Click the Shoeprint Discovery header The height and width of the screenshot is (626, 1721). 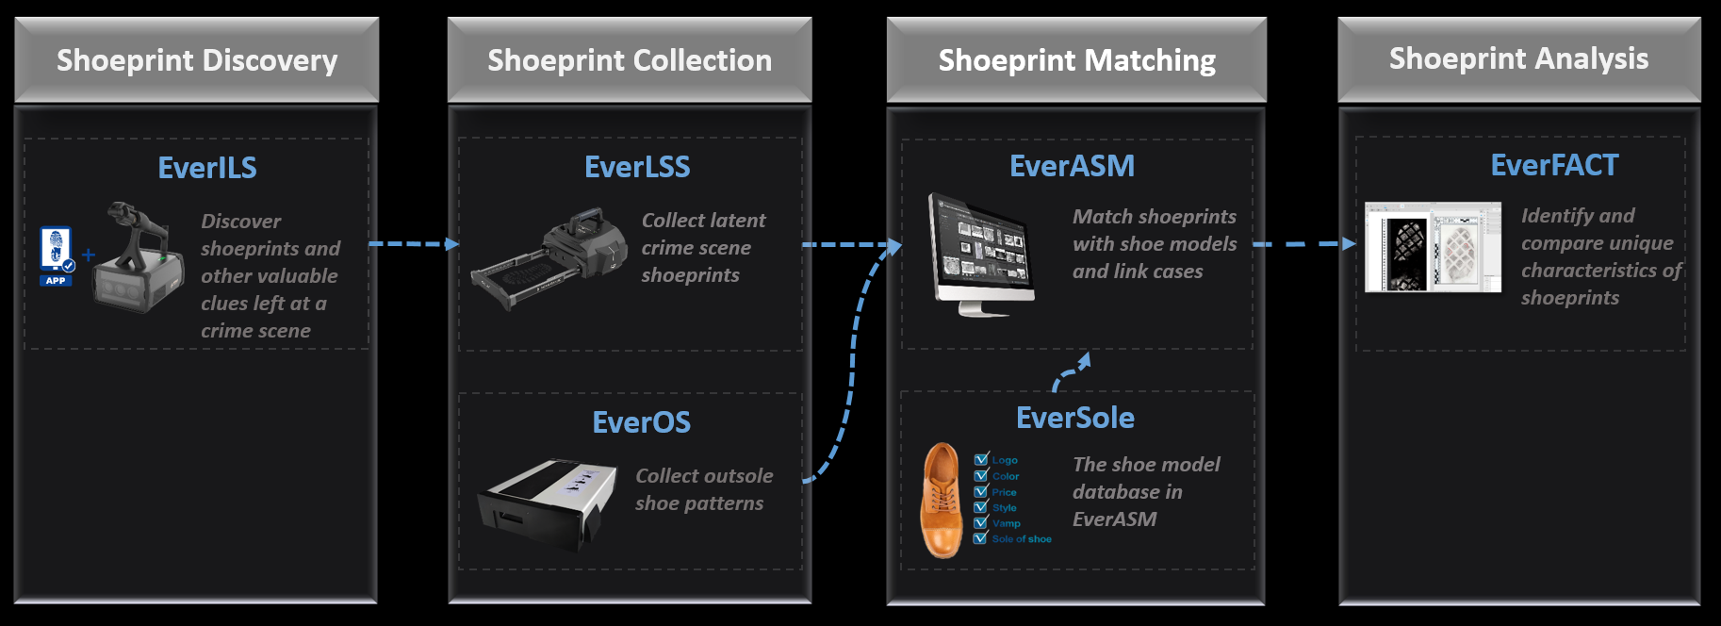(x=196, y=60)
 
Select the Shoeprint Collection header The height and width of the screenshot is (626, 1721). (x=630, y=60)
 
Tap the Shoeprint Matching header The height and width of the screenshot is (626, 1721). (x=1076, y=60)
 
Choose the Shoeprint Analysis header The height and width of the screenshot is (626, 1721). (x=1518, y=58)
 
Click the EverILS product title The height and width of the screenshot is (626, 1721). (x=207, y=168)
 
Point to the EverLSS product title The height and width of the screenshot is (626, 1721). (x=637, y=167)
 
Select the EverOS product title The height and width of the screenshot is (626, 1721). (x=641, y=422)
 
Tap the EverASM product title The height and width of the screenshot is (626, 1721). (x=1072, y=166)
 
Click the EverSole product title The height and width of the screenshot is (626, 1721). (x=1074, y=418)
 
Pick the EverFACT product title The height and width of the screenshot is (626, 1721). (x=1554, y=165)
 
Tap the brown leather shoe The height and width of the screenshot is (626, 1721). (x=942, y=501)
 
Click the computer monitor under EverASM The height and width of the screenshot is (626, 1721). (x=980, y=253)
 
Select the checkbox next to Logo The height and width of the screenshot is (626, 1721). (x=981, y=460)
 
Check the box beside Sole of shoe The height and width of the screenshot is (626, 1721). (x=980, y=538)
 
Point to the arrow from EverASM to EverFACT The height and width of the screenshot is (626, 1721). (x=1304, y=244)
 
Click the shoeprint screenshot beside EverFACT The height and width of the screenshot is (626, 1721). (x=1433, y=247)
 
